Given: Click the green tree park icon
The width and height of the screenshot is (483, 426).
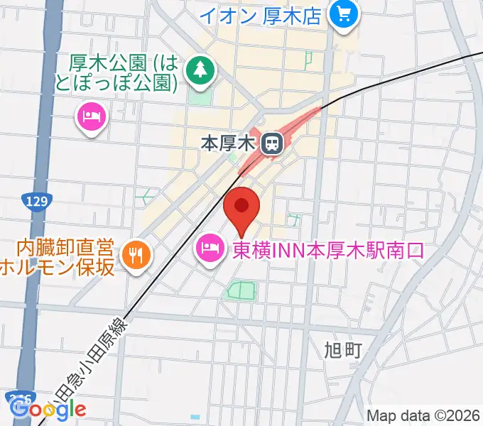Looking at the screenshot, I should pyautogui.click(x=201, y=70).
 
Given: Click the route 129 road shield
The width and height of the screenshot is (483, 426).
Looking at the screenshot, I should pyautogui.click(x=33, y=202).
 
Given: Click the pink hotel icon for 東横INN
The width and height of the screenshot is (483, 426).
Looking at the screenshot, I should pyautogui.click(x=208, y=249).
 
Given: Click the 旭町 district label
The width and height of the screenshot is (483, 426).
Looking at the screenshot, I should pyautogui.click(x=343, y=350).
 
